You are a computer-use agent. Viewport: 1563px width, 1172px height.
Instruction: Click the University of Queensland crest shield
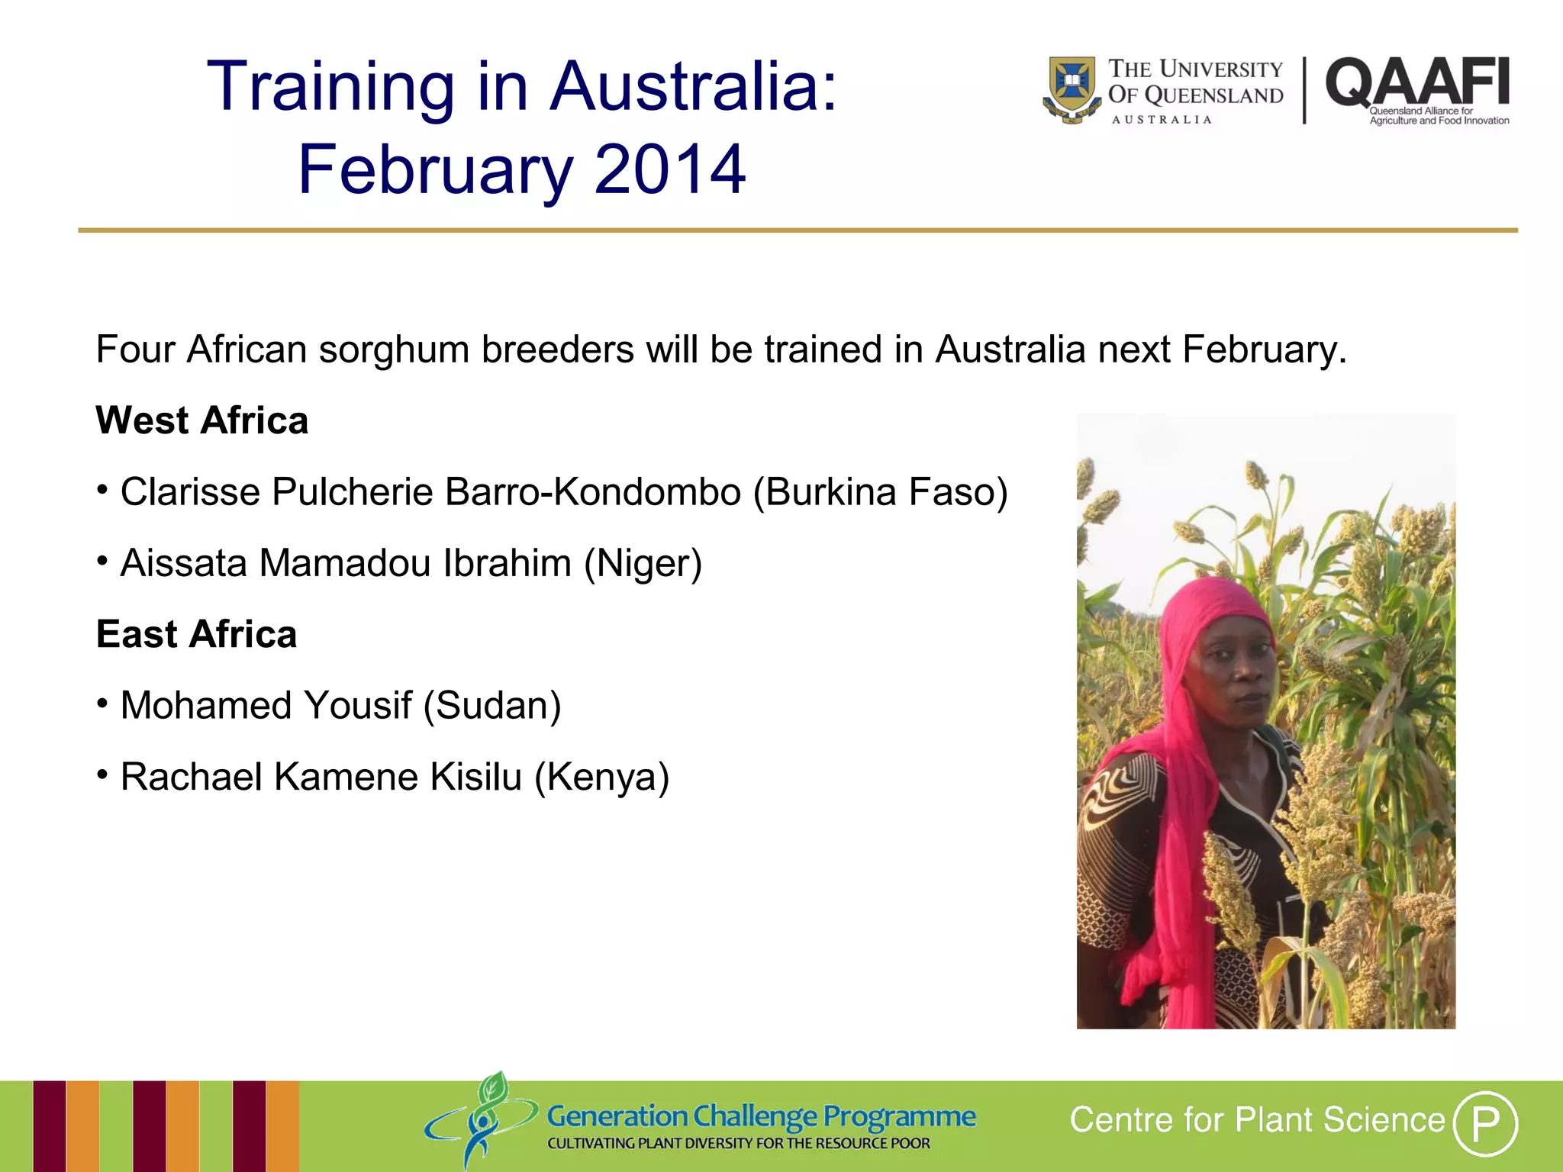coord(1072,88)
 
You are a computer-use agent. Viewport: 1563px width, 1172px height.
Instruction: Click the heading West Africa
coord(202,420)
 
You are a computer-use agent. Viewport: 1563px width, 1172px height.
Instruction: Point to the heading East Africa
coord(196,634)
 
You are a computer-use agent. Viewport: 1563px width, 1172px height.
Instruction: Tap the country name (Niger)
coord(643,563)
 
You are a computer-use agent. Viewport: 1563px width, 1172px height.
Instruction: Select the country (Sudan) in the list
coord(492,705)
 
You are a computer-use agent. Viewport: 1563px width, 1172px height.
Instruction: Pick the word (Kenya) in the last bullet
coord(601,777)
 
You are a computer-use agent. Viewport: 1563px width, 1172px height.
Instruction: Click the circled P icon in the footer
coord(1484,1123)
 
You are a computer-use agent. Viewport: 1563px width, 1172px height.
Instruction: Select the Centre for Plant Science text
coord(1257,1120)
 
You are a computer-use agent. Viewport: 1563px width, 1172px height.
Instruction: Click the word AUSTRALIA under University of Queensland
coord(1161,120)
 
